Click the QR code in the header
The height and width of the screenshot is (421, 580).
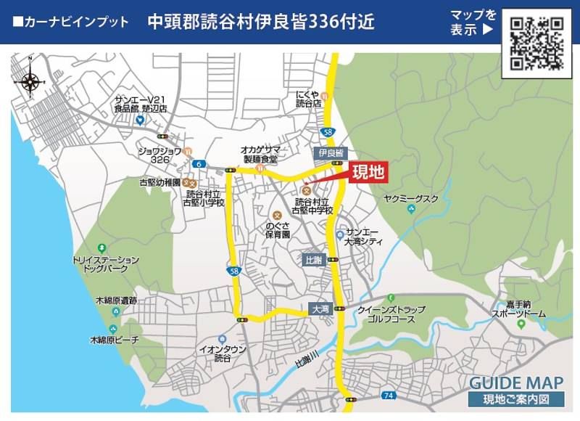click(x=537, y=43)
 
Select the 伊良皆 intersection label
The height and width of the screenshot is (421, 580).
click(x=330, y=153)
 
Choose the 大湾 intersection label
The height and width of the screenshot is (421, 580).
click(x=320, y=308)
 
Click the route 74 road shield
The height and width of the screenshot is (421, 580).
click(x=389, y=395)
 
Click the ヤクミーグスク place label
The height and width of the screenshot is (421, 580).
click(x=411, y=198)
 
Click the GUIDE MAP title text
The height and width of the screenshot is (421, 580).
click(x=516, y=383)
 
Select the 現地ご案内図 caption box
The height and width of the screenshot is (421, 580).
click(x=516, y=398)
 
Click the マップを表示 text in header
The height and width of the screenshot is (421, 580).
click(x=471, y=23)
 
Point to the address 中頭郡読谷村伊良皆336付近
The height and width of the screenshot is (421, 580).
click(x=260, y=22)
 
